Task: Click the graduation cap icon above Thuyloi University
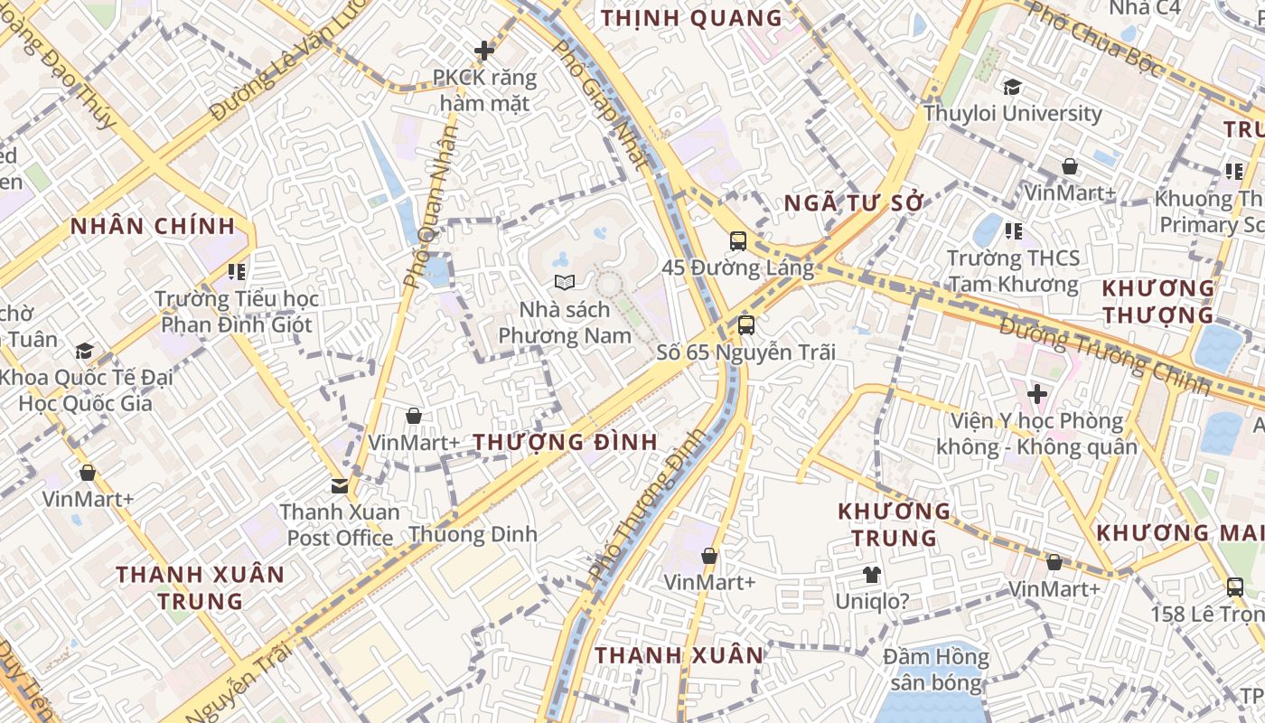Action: pos(1012,87)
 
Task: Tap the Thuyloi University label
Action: pos(1012,114)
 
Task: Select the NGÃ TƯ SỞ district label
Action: pos(855,203)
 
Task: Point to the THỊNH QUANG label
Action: pos(691,18)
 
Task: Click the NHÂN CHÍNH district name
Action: pos(153,226)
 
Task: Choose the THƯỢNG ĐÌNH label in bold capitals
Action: pos(566,443)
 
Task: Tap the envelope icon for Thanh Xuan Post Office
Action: pos(340,486)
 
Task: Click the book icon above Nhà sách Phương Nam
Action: pos(565,283)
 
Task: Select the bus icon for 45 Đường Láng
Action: pos(738,241)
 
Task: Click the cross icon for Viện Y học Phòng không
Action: pos(1037,394)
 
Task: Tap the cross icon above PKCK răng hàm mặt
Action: pos(484,51)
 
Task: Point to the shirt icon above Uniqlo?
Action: pos(871,574)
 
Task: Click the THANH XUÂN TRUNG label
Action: pos(201,587)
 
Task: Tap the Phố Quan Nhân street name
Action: pos(431,207)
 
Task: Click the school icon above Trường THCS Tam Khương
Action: pos(1013,231)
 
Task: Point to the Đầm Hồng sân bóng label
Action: pos(936,670)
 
